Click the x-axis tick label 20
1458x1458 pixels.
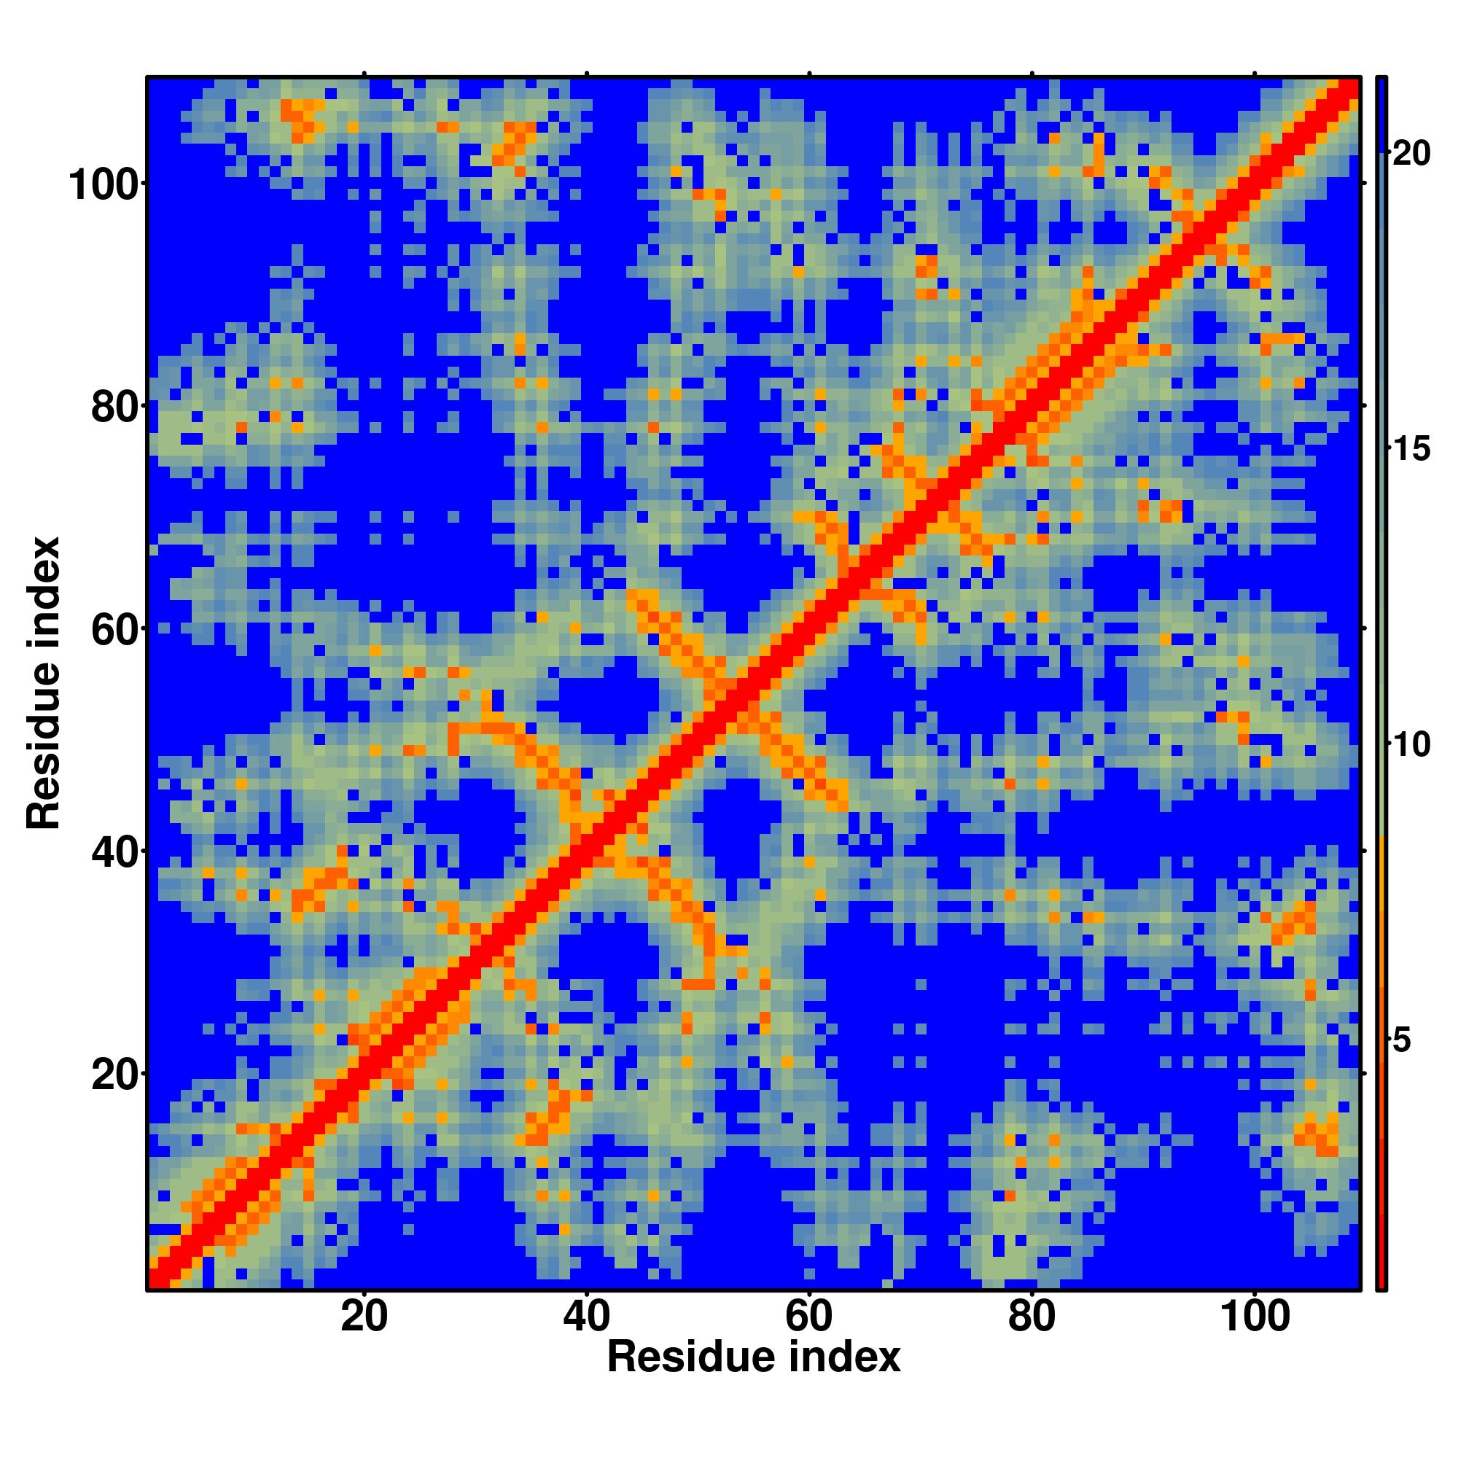364,1317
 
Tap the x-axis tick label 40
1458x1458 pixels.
586,1317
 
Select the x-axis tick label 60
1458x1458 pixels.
808,1317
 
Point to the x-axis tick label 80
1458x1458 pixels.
1031,1317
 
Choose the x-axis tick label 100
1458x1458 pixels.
1254,1317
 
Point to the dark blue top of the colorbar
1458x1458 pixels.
1381,113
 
